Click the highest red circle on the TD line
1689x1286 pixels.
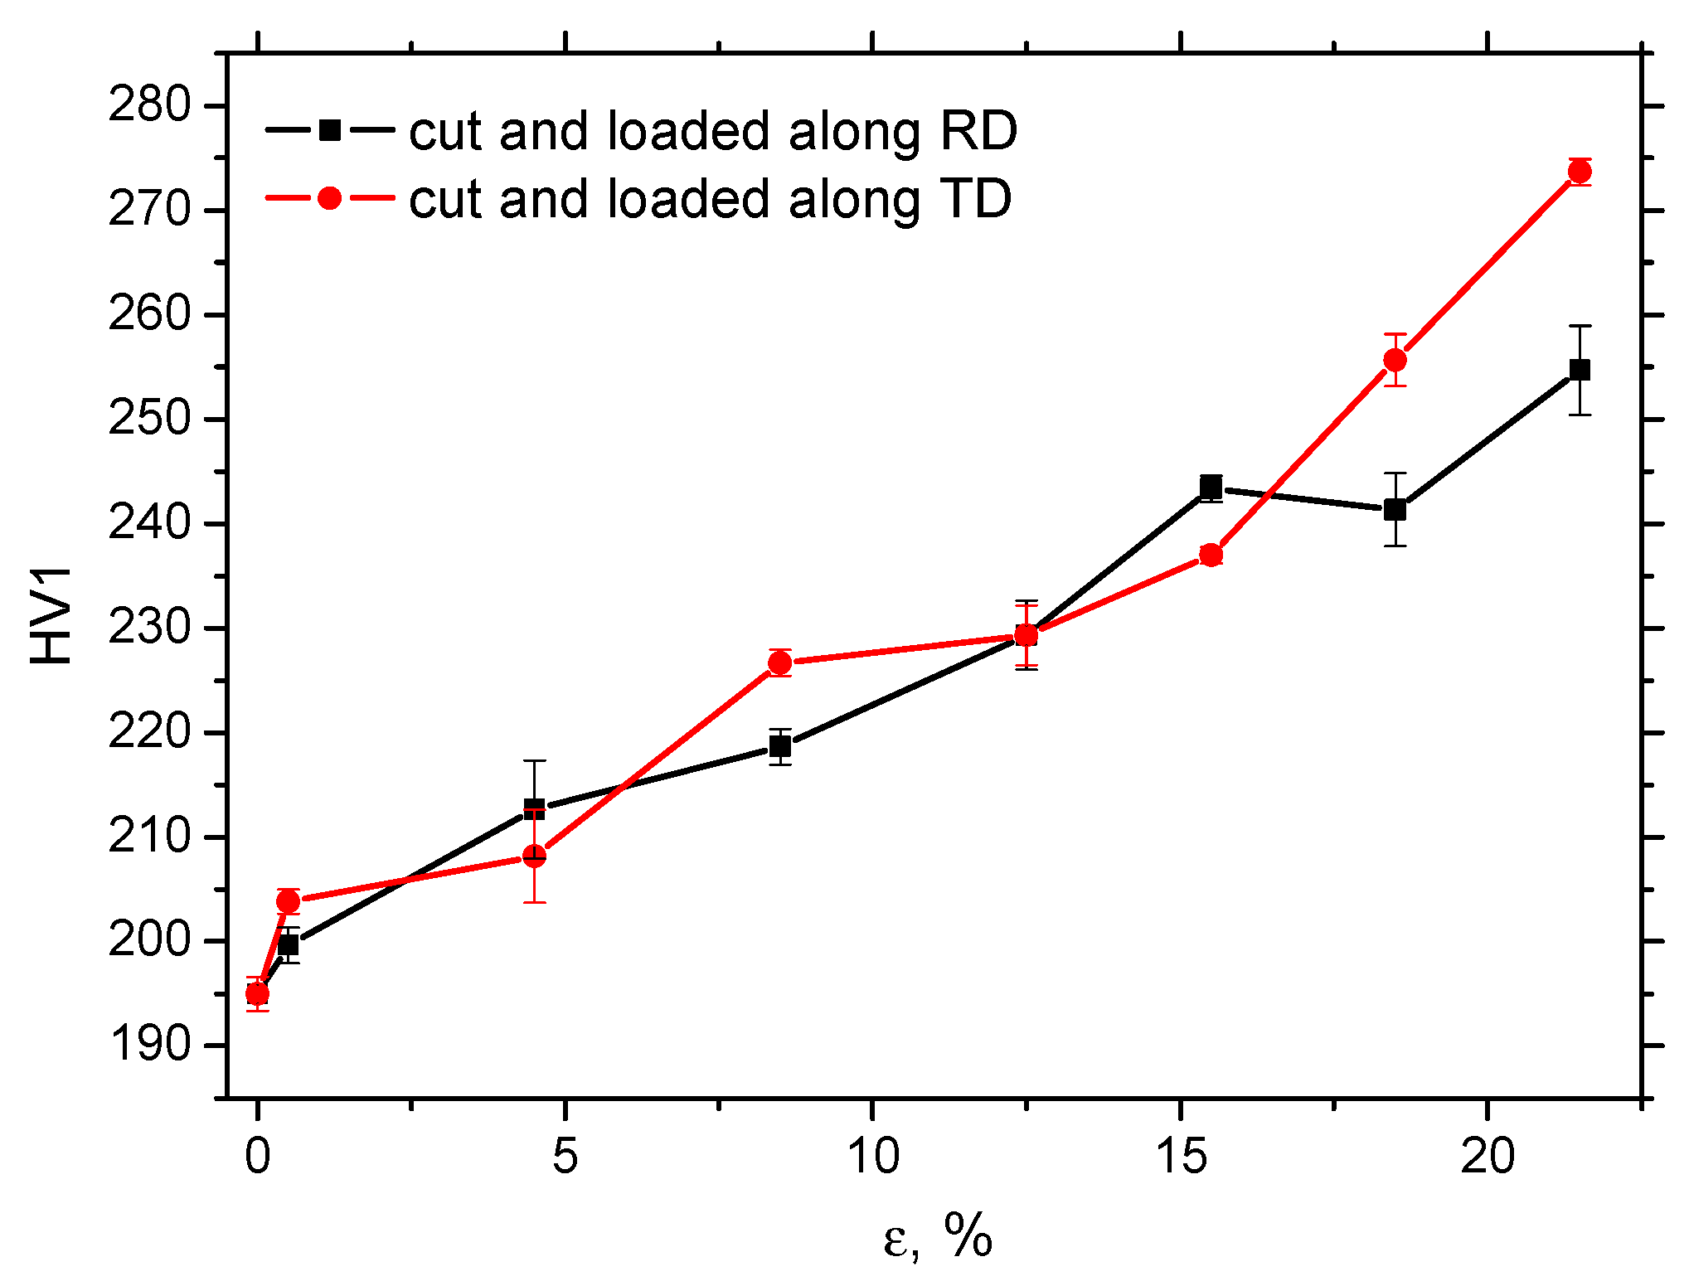(1580, 172)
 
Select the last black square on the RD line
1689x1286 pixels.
(1580, 370)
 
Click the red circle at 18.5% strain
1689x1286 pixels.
(1395, 360)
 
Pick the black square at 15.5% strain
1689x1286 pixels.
(1211, 486)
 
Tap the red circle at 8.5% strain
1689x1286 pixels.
(780, 662)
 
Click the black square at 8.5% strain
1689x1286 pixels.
(780, 746)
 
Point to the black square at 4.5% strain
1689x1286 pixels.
(535, 808)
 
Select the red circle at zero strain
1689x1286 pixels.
(258, 993)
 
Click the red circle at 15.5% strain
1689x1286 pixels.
(1211, 555)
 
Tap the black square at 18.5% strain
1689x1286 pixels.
(1395, 510)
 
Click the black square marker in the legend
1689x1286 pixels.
(330, 130)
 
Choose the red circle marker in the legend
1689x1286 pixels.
(330, 198)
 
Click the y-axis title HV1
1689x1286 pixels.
(51, 615)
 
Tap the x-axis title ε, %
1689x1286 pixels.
(938, 1238)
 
